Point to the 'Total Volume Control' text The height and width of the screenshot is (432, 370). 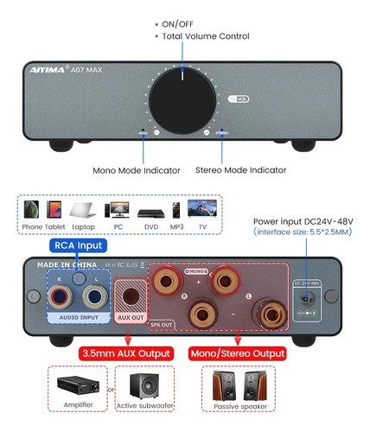(206, 36)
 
